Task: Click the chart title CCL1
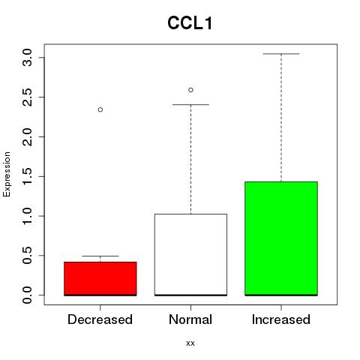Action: coord(190,23)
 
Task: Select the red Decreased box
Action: coord(100,279)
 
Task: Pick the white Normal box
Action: coord(190,255)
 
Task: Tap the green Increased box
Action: coord(281,238)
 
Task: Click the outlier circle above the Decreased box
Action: coord(100,109)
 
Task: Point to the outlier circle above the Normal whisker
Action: coord(190,90)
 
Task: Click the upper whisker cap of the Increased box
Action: coord(281,54)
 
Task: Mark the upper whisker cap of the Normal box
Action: coord(190,104)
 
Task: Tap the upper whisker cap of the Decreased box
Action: coord(100,256)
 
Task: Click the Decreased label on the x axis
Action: coord(100,319)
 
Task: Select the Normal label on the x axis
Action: coord(190,319)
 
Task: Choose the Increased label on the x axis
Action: coord(281,319)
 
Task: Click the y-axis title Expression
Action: coord(7,174)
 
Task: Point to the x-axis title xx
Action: coord(190,343)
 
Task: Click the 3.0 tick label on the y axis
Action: coord(27,58)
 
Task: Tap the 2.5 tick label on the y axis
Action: coord(27,97)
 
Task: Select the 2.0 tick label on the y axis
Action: coord(27,136)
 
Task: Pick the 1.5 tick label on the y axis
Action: coord(27,176)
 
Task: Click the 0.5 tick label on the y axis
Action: coord(27,256)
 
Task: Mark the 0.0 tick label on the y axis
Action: coord(27,295)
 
